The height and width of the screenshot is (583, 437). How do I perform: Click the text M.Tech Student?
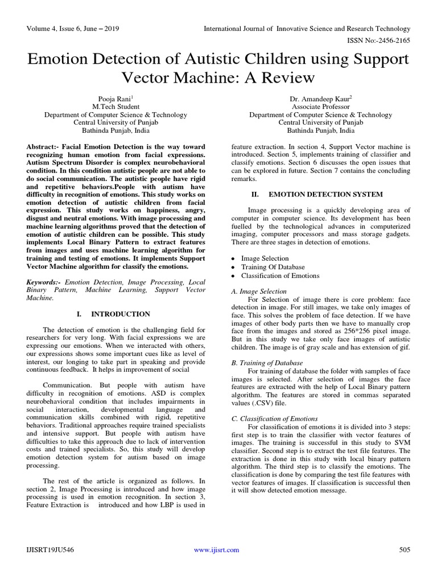click(112, 106)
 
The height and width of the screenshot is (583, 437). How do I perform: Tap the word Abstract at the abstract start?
click(42, 146)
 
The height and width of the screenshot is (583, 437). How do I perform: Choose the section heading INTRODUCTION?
click(121, 314)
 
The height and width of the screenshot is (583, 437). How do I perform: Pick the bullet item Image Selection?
click(265, 258)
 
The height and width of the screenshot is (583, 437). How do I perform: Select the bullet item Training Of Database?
click(273, 267)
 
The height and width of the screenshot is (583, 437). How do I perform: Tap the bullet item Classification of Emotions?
click(280, 276)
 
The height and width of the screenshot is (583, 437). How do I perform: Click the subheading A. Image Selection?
click(258, 291)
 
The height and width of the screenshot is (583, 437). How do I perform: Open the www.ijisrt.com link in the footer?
click(216, 549)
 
